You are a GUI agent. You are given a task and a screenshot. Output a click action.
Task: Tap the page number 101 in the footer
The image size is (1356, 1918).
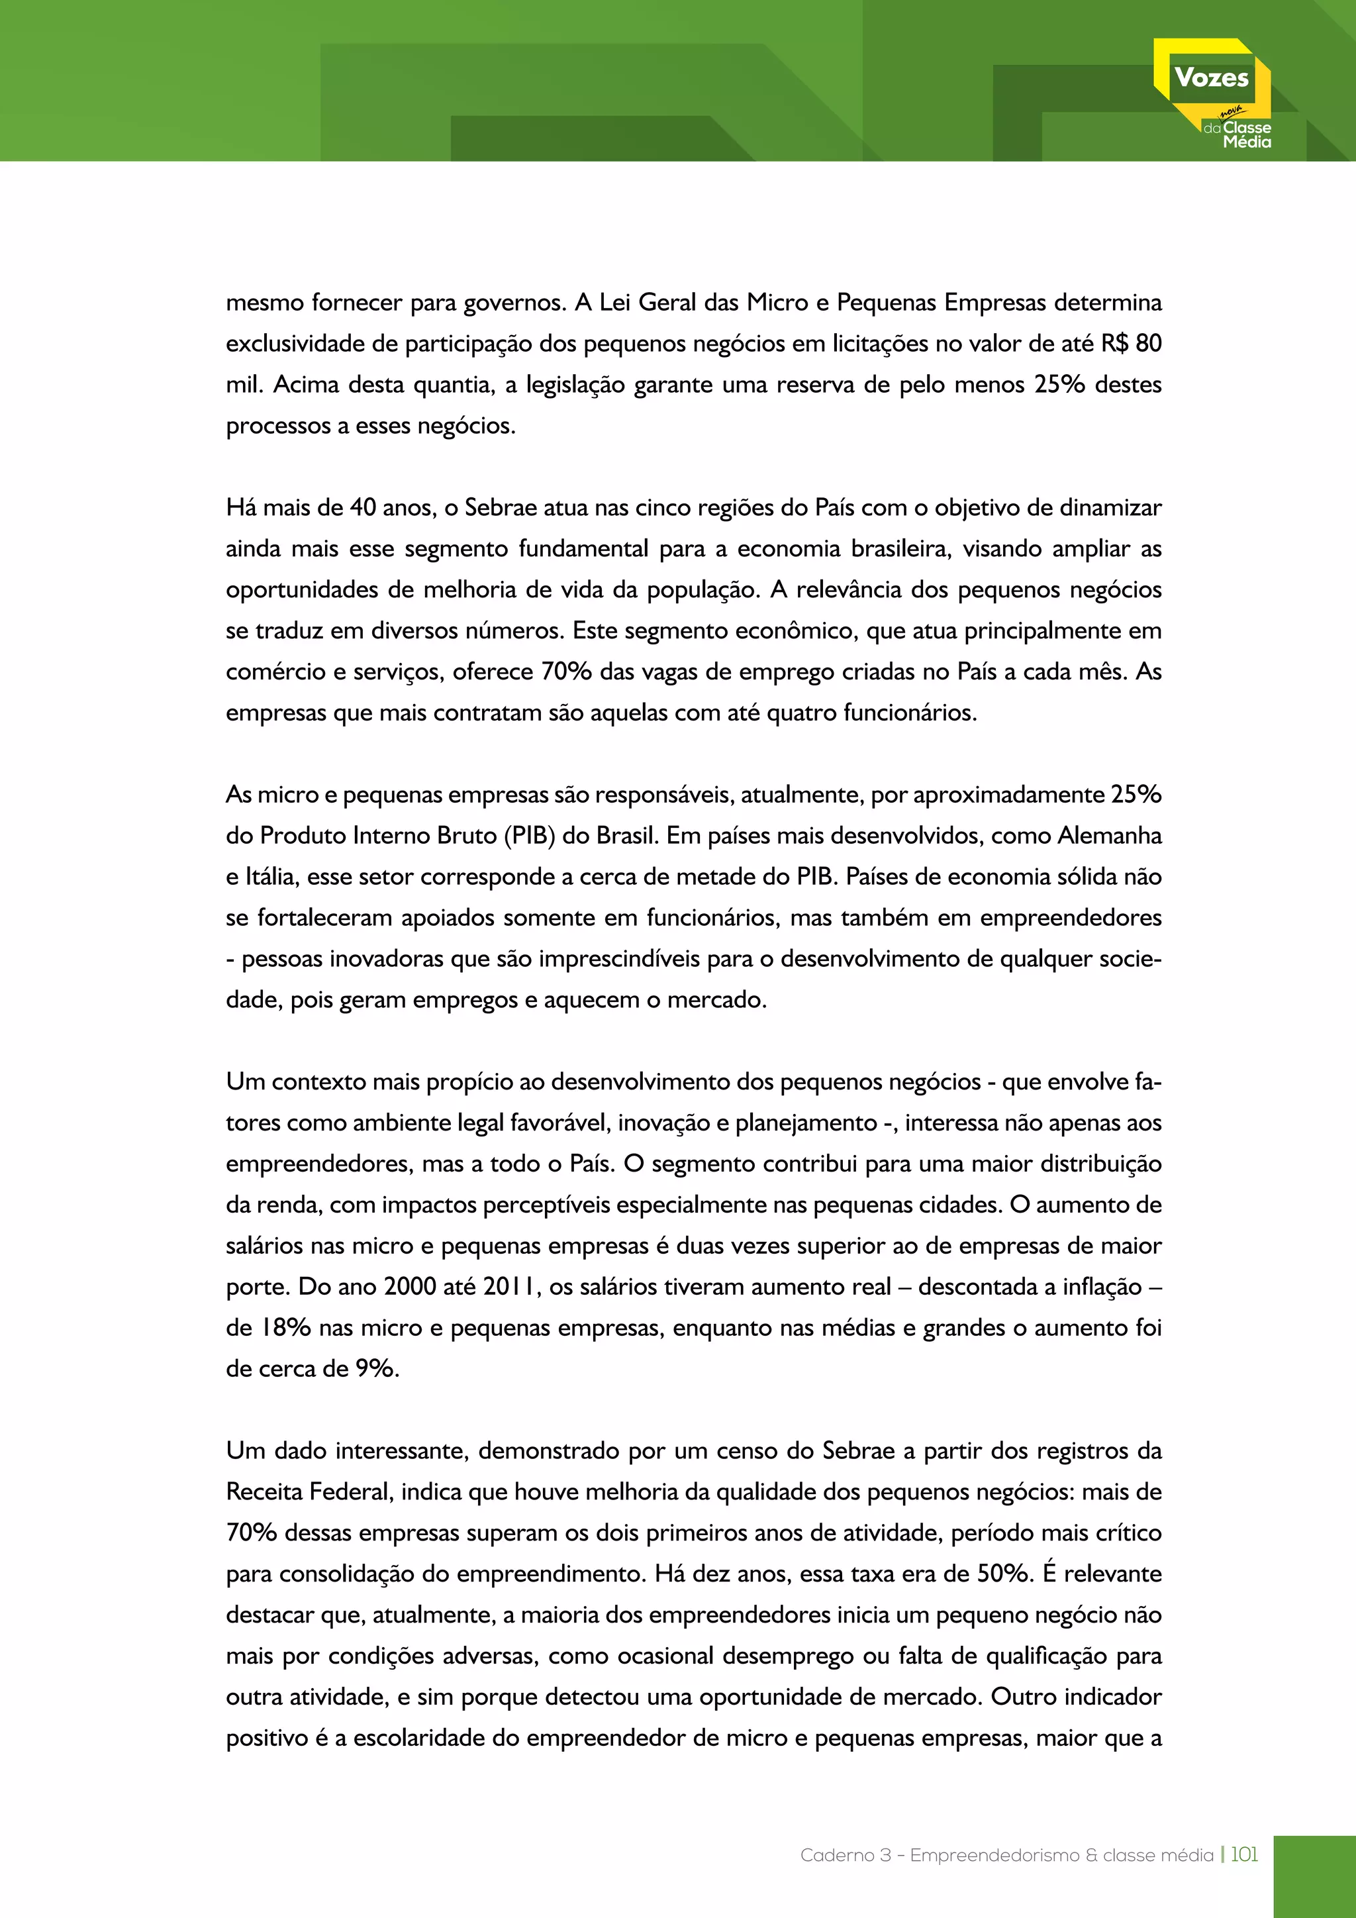click(x=1243, y=1854)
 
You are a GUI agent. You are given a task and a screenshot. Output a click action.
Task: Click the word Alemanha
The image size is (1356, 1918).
click(x=1109, y=835)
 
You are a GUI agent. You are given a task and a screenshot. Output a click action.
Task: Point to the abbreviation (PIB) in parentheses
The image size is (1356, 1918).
click(x=530, y=835)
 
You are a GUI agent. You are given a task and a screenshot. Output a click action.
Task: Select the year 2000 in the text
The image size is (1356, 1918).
click(x=410, y=1286)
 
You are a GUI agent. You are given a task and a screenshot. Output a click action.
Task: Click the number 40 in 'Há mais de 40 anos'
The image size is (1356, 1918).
click(x=362, y=507)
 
